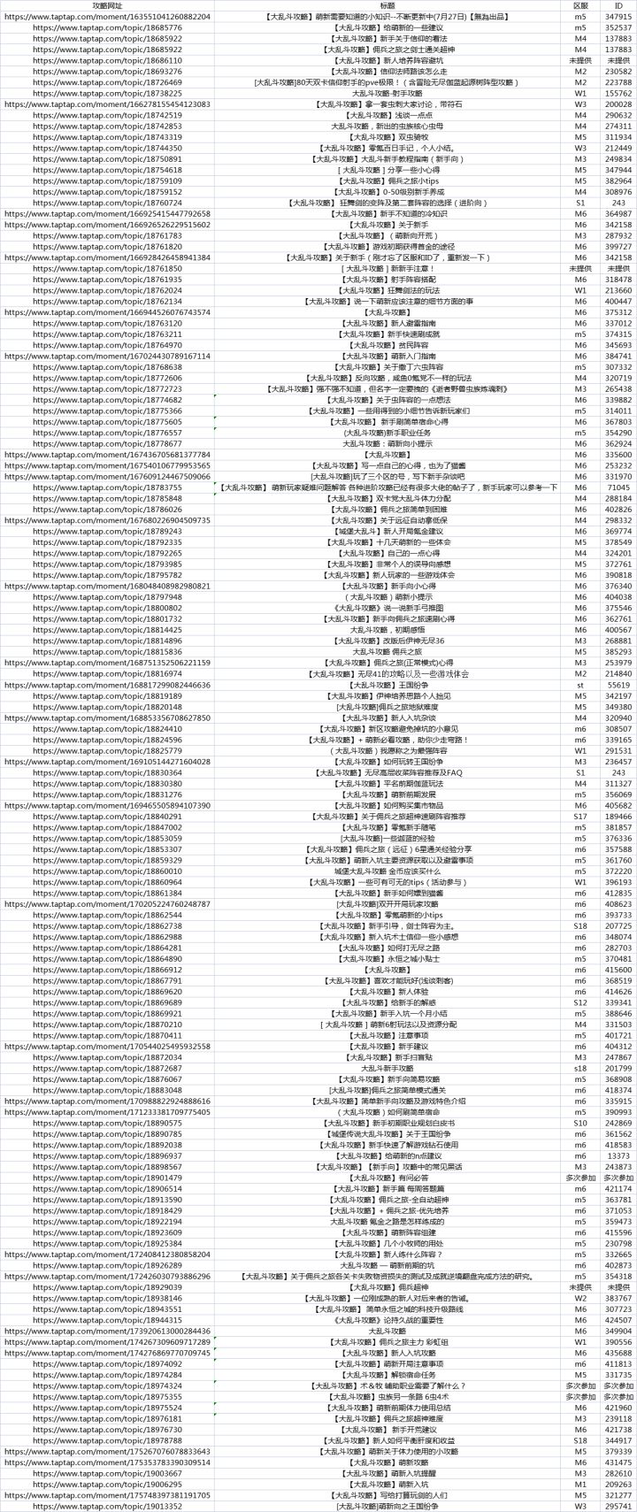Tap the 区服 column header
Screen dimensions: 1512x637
[x=580, y=5]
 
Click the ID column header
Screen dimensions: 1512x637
[x=618, y=5]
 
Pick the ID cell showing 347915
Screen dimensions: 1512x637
[x=618, y=17]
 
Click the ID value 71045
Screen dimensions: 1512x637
[x=618, y=487]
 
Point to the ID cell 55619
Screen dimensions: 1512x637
[x=618, y=684]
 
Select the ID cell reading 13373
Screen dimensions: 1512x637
[x=618, y=1155]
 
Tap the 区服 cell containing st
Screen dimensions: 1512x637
[x=580, y=684]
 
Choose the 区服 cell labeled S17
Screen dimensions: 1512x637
[x=580, y=816]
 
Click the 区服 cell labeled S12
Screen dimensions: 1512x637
[x=580, y=1002]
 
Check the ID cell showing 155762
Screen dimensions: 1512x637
[x=618, y=93]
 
